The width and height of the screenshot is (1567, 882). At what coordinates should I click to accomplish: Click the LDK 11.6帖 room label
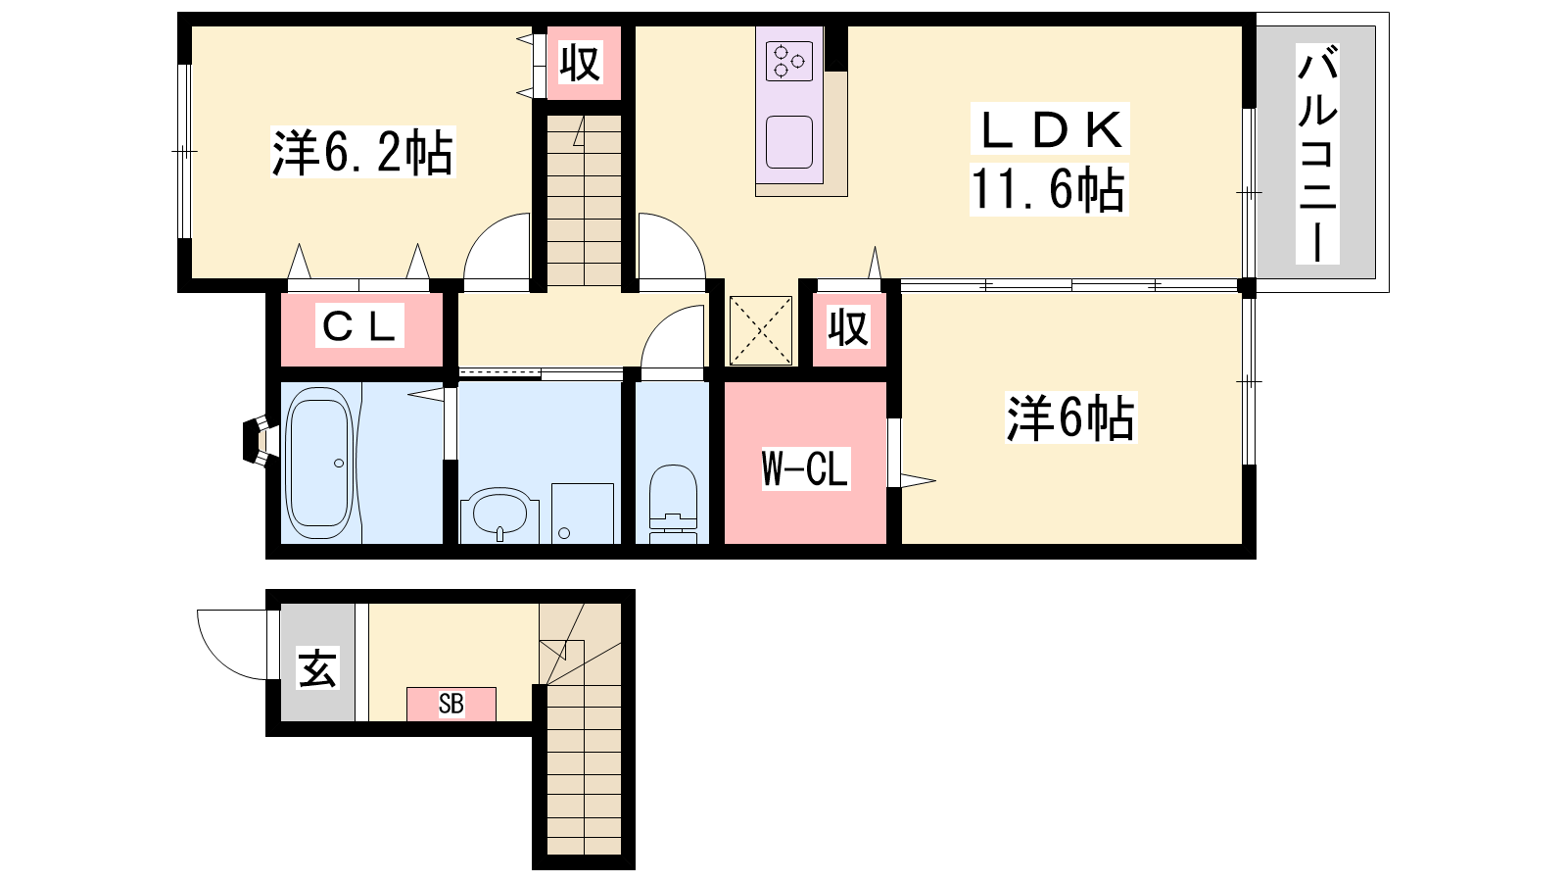point(1049,160)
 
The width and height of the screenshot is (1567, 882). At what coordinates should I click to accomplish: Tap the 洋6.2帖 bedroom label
point(362,152)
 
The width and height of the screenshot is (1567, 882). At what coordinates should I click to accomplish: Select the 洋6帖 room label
point(1071,417)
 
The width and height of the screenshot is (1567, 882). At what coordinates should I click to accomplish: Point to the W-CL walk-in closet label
point(805,468)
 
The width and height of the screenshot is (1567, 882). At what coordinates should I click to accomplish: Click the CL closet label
point(359,325)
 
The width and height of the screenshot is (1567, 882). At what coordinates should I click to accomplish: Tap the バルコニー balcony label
point(1317,154)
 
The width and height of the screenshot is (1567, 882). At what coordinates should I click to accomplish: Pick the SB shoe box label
point(451,704)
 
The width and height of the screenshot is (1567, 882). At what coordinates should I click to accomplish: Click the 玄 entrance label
point(318,667)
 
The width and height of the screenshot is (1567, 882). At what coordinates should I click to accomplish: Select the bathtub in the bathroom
point(320,463)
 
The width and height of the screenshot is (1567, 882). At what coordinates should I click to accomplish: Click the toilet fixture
point(673,504)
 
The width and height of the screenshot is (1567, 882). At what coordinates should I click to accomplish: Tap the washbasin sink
point(499,514)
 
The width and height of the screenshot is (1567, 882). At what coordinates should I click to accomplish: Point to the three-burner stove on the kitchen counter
point(789,62)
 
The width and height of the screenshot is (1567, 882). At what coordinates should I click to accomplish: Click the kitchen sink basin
point(789,142)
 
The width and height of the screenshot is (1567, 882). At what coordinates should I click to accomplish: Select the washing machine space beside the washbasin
point(583,514)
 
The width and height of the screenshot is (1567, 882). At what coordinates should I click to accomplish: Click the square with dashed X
point(761,330)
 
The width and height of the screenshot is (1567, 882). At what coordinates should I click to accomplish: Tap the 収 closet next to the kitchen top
point(582,63)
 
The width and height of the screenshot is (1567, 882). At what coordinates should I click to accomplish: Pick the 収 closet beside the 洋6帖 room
point(848,327)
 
